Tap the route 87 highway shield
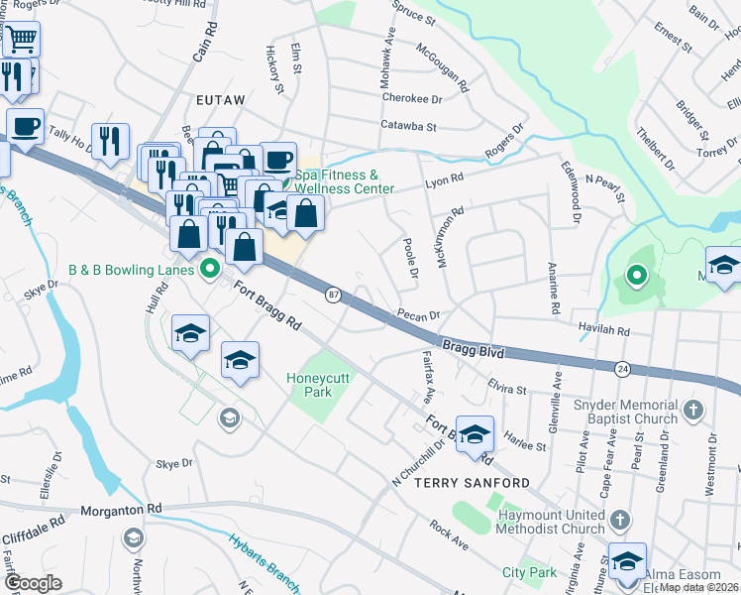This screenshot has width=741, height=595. tap(334, 295)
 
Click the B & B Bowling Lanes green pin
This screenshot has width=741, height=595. tap(209, 269)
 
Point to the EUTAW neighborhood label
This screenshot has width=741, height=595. tap(220, 100)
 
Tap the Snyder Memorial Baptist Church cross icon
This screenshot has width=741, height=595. tap(694, 410)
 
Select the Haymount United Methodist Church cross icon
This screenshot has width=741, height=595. tap(619, 520)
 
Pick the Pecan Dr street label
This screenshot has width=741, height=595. tap(420, 315)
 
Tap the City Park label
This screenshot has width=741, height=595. tap(529, 572)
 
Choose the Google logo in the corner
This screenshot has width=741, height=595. tap(33, 583)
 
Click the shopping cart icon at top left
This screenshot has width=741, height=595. tap(20, 40)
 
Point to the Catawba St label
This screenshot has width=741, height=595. tap(409, 126)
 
